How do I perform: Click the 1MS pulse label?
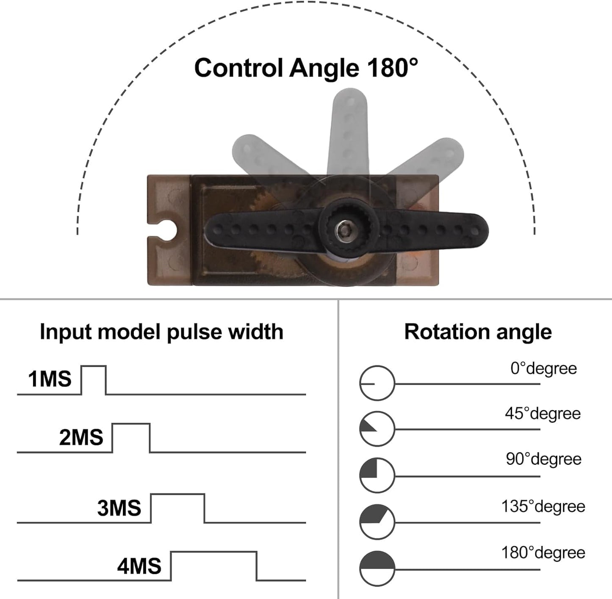[x=50, y=379]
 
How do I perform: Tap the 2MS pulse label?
[x=81, y=437]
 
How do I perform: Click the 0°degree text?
[x=544, y=369]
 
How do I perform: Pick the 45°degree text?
[x=543, y=414]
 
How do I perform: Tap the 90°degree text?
[x=544, y=459]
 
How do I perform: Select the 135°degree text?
[x=543, y=506]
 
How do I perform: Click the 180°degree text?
[x=543, y=553]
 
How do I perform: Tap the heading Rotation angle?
[x=478, y=332]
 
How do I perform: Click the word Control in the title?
[x=238, y=68]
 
